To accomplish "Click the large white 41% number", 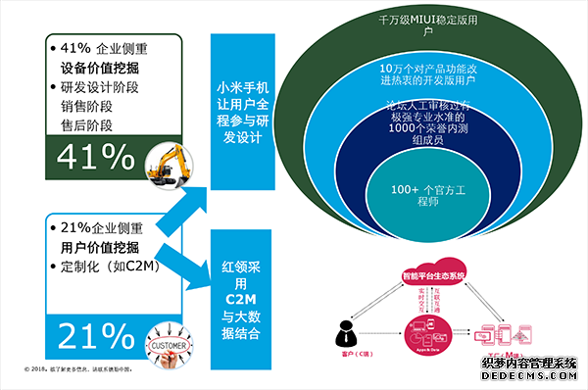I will (96, 158).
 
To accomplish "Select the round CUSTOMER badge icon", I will (170, 344).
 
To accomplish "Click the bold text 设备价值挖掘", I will (101, 69).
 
